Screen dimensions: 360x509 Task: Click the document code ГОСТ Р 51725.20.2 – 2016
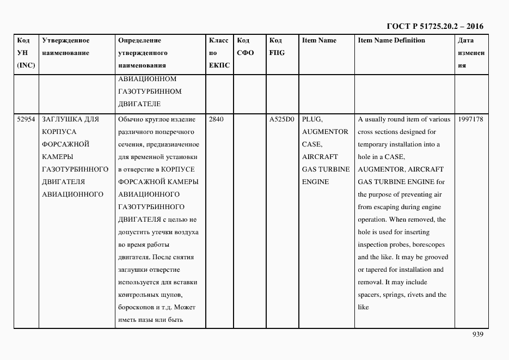[434, 26]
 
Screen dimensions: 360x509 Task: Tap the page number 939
[477, 334]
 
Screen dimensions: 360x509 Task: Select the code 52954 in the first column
[26, 119]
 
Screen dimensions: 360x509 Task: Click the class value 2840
[216, 119]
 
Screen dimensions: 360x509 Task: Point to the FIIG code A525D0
[281, 119]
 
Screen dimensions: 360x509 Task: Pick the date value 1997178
[470, 119]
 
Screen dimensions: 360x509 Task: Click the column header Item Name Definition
[391, 40]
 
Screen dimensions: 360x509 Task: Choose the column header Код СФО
[245, 47]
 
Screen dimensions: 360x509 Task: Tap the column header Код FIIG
[277, 47]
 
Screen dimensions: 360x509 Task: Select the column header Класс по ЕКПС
[219, 53]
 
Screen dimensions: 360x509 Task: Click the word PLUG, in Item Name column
[312, 119]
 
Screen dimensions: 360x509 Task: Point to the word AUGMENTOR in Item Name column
[325, 132]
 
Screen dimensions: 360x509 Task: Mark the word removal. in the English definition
[370, 282]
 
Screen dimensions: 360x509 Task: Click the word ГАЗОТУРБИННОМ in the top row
[150, 91]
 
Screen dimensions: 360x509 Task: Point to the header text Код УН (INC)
[26, 53]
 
